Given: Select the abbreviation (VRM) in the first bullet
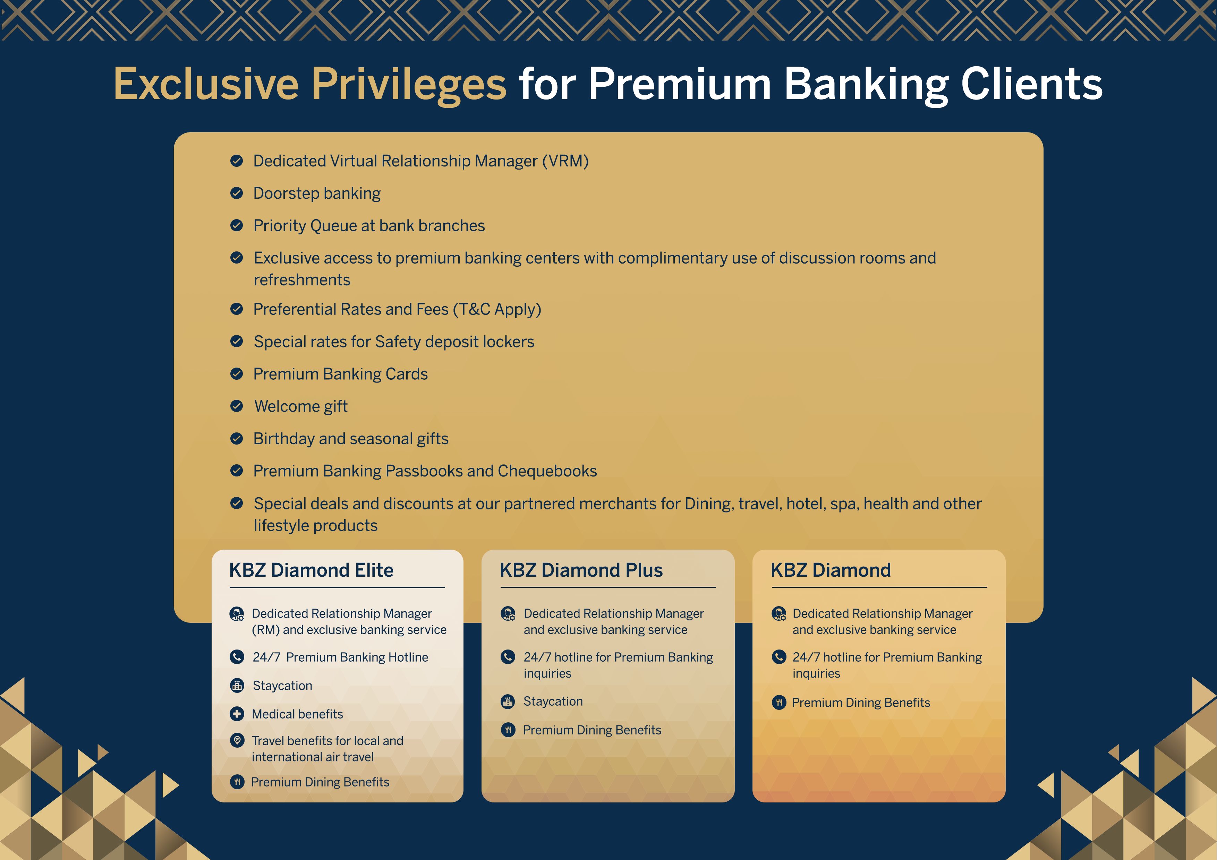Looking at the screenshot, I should (x=565, y=161).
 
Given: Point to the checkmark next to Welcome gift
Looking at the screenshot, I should (x=236, y=406).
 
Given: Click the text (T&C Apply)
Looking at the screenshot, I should (x=497, y=309).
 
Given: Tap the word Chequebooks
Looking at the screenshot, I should (x=547, y=471).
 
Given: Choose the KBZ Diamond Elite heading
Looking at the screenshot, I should (x=311, y=570).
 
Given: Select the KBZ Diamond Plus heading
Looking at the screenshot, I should (x=581, y=570).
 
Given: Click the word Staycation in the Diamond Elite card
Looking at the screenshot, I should (x=282, y=686).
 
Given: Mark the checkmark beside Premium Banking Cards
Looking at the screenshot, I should (x=236, y=374).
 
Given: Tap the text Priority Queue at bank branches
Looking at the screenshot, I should (x=369, y=226).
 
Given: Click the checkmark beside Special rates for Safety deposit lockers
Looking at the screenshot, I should (x=236, y=341).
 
